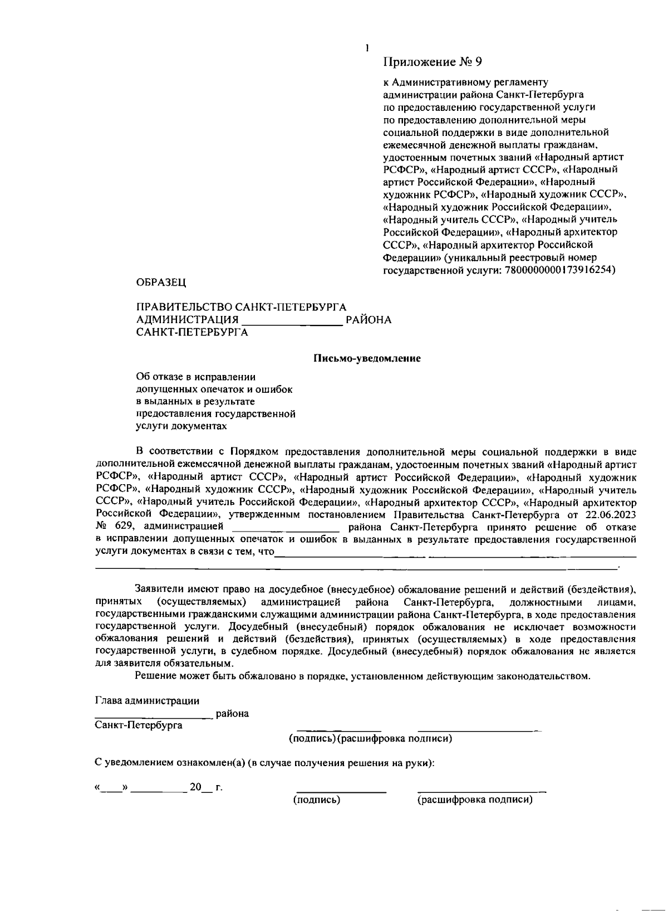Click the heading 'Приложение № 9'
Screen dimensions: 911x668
[433, 61]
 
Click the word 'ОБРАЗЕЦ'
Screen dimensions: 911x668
[161, 282]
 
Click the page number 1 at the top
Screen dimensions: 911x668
[367, 48]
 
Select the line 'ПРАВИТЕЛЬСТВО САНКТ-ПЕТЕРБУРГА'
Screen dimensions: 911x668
[242, 308]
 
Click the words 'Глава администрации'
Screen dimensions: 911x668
[148, 701]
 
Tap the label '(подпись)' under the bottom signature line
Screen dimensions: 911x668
[317, 800]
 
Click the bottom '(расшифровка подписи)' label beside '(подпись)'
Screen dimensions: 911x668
[475, 800]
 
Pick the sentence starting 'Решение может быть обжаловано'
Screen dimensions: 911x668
[362, 676]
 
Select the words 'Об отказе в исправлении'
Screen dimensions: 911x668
[196, 377]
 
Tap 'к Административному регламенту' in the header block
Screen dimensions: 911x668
[466, 82]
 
